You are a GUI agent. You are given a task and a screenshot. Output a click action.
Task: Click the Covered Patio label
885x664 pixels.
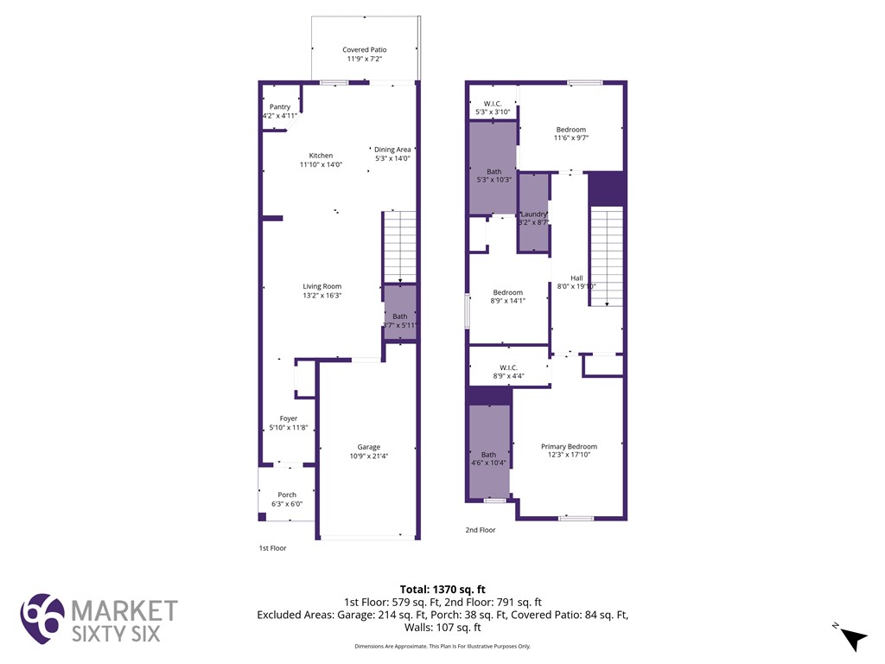(365, 50)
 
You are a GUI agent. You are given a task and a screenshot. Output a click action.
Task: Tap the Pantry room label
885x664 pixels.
(279, 106)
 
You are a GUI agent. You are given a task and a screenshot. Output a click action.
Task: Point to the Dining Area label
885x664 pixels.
(392, 150)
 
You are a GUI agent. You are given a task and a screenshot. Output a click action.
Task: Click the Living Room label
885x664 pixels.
(322, 286)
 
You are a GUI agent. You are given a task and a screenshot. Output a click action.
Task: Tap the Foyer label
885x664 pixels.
(288, 418)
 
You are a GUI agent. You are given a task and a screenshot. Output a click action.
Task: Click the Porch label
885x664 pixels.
(287, 495)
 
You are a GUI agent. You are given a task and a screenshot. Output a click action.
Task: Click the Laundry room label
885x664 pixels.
(533, 214)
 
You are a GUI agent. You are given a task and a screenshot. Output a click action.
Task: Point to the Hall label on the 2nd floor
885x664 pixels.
(576, 278)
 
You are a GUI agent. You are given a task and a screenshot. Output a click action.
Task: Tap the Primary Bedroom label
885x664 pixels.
(569, 446)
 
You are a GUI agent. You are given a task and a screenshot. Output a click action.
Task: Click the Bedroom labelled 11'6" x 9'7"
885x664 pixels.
(570, 130)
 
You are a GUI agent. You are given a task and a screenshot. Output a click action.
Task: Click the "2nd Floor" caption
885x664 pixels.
(481, 530)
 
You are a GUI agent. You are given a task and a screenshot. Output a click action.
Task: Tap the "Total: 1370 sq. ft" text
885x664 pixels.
(442, 590)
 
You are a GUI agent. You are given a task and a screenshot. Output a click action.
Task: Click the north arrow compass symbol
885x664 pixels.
(854, 638)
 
